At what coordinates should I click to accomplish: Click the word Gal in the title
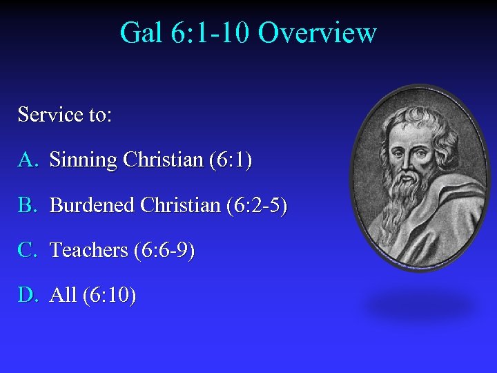coord(141,33)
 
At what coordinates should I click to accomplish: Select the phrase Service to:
coord(64,114)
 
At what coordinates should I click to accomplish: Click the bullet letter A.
coord(27,160)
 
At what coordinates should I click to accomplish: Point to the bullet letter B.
coord(27,205)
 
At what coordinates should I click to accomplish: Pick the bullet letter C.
coord(27,250)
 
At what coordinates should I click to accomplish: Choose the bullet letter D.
coord(27,295)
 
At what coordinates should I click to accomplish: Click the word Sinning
coord(84,160)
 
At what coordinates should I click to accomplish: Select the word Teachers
coord(90,250)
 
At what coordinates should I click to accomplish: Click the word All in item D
coord(64,295)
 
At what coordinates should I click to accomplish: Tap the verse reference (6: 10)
coord(109,295)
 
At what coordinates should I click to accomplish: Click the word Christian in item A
coord(163,160)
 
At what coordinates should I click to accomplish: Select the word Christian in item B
coord(181,205)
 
